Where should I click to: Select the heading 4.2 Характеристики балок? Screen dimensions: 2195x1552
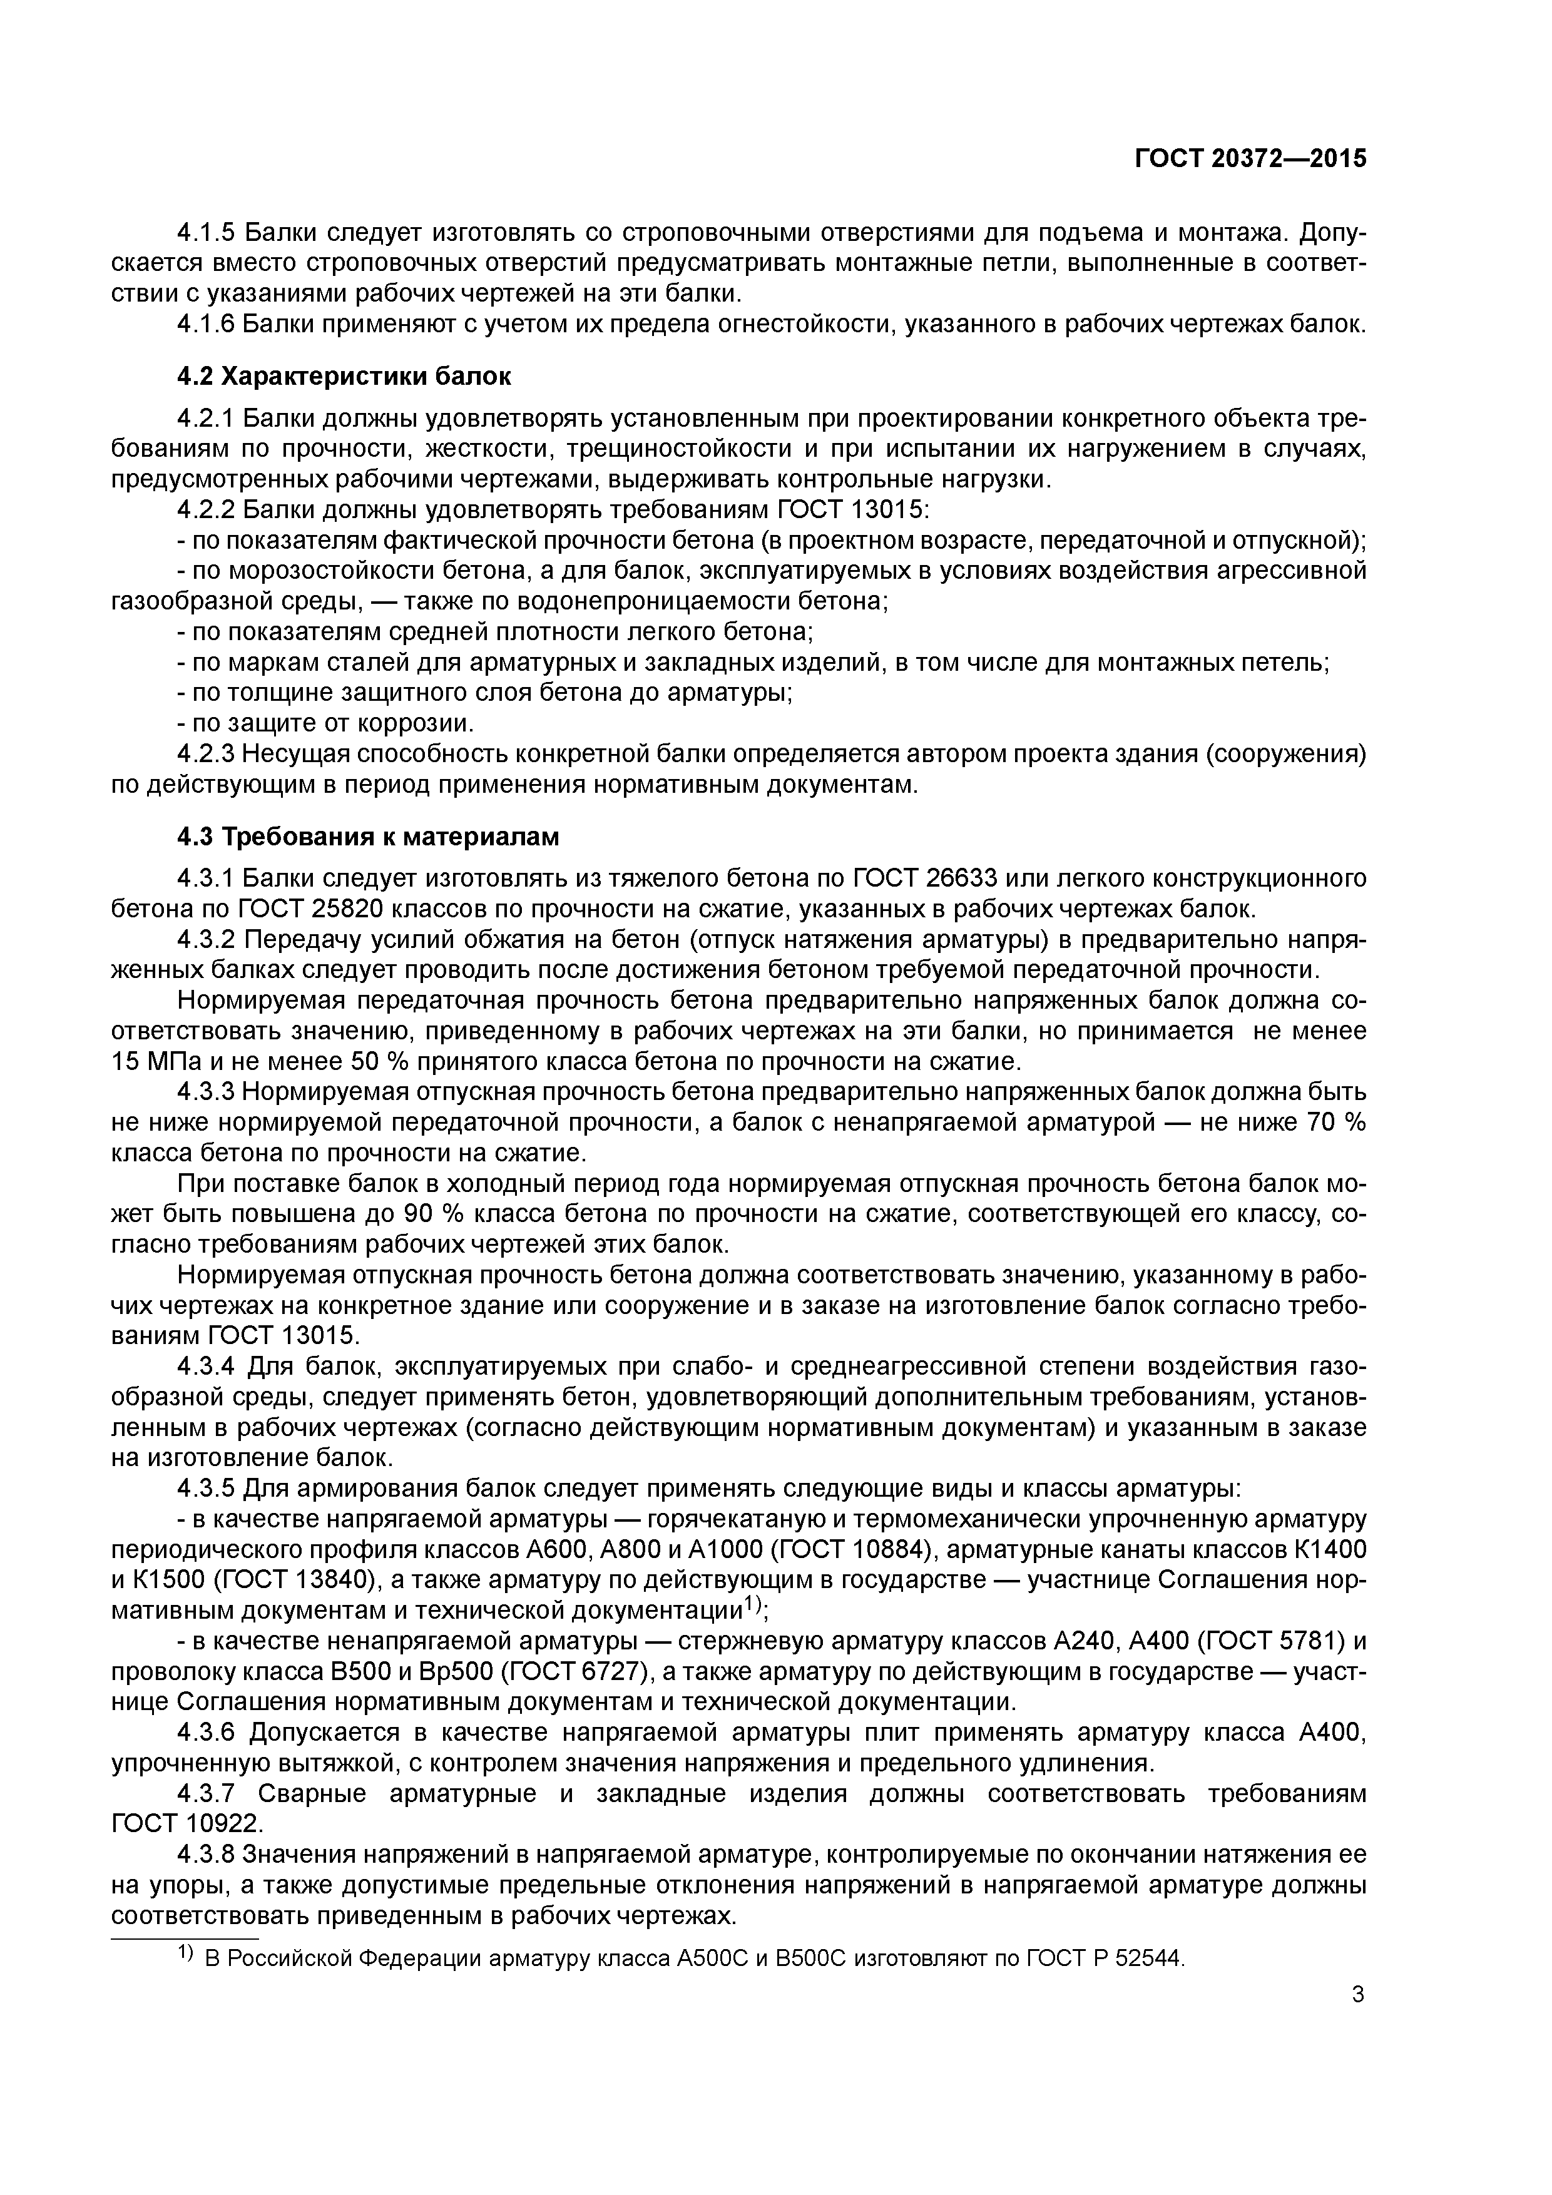point(344,377)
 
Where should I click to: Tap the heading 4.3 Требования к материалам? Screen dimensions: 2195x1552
point(368,837)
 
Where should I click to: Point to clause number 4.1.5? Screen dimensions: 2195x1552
point(207,232)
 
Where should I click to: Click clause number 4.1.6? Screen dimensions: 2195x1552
point(207,324)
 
